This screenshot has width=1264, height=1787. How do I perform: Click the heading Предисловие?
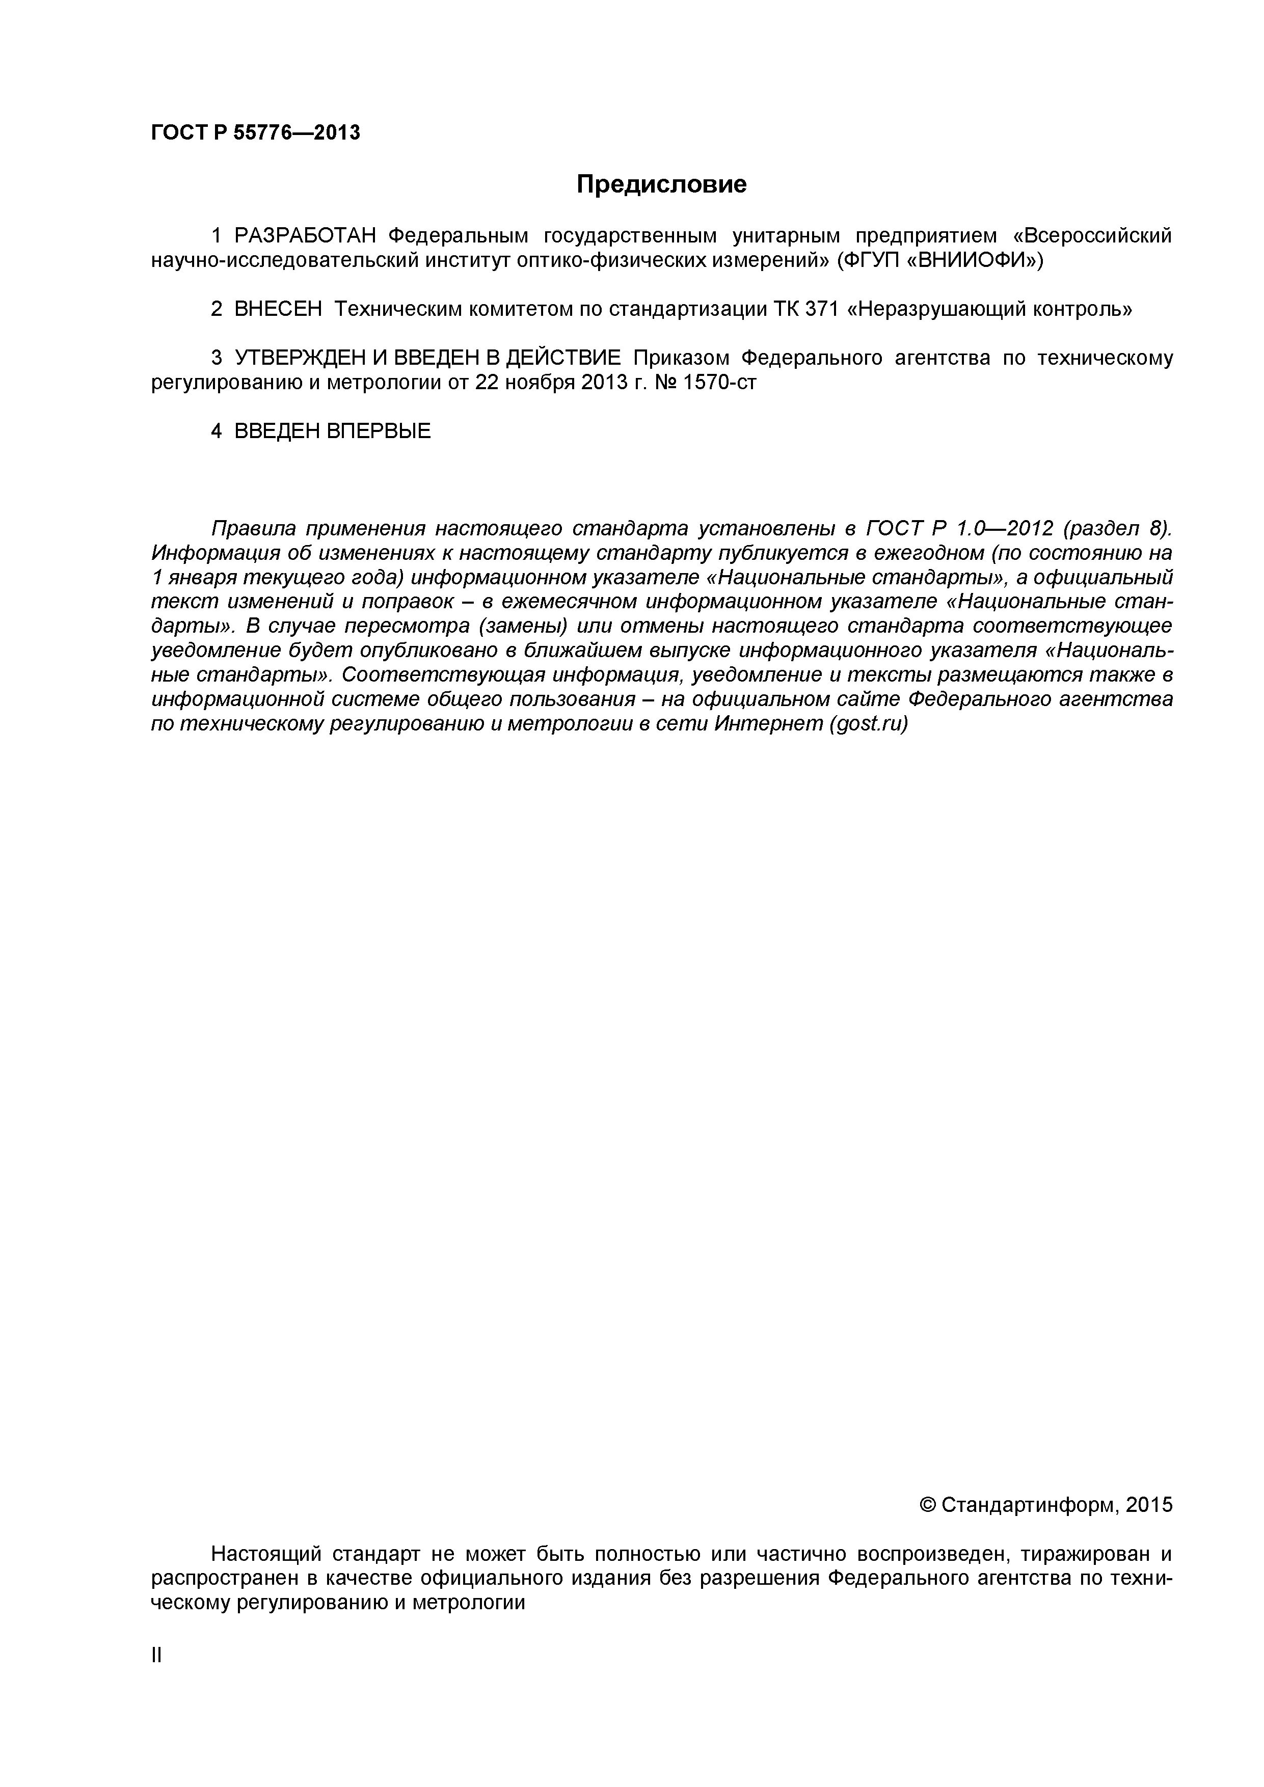[x=661, y=184]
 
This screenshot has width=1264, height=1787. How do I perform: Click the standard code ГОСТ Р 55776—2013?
[x=255, y=133]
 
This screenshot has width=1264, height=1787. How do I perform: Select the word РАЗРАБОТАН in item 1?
[x=305, y=235]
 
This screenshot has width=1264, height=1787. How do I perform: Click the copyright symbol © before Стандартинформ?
[x=928, y=1505]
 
